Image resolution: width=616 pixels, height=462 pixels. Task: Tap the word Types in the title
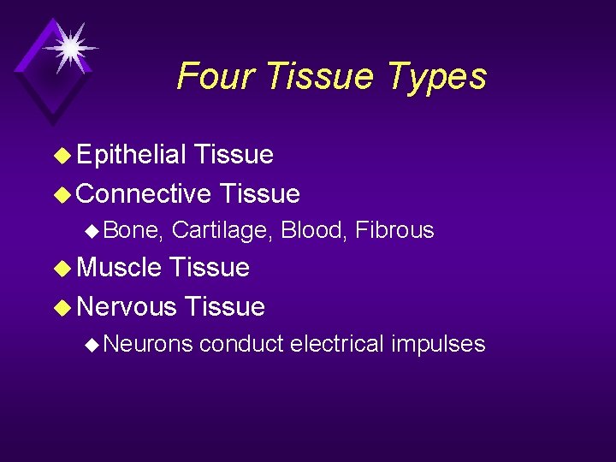(436, 78)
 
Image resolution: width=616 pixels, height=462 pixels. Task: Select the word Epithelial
(131, 155)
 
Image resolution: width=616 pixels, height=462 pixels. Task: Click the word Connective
(144, 194)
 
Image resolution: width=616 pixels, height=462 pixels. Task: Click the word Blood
(313, 230)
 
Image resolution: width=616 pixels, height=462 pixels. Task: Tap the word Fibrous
(394, 230)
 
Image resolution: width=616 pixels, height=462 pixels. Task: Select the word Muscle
(119, 268)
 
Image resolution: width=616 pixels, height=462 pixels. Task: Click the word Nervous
(127, 306)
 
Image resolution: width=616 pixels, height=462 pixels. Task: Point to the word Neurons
(151, 344)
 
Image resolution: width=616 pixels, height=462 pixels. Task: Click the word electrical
(337, 344)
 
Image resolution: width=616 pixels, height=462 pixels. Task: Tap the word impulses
(438, 345)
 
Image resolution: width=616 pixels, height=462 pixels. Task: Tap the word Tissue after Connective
(259, 194)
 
